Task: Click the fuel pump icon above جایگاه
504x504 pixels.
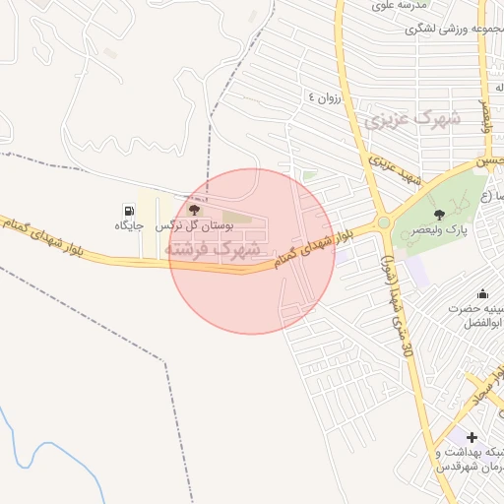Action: coord(129,211)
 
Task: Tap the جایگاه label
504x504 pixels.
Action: coord(129,226)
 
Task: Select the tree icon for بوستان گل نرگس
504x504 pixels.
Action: coord(193,210)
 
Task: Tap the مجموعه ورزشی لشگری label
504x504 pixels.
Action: coord(447,30)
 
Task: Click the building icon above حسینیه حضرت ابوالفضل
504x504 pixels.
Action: coord(482,293)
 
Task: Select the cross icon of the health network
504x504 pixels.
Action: coord(472,436)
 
